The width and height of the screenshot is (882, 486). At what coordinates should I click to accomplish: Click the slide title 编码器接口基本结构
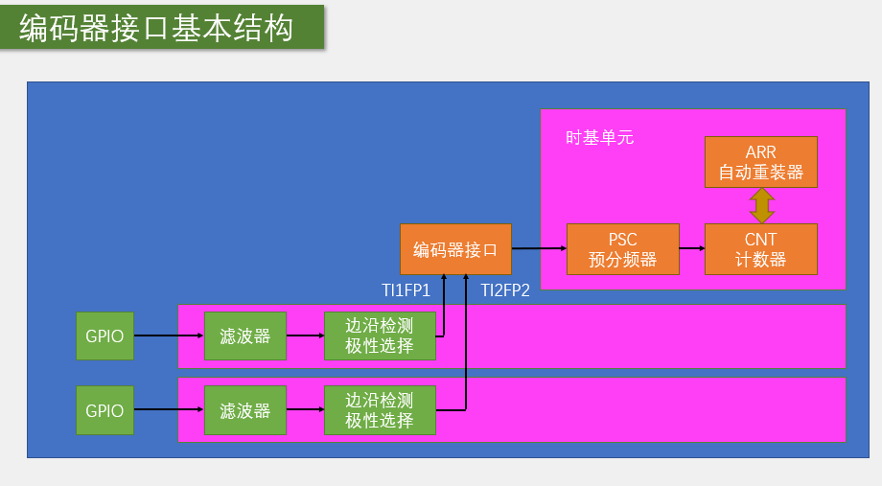pyautogui.click(x=156, y=29)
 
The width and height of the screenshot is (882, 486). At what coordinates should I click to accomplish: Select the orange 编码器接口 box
pyautogui.click(x=455, y=249)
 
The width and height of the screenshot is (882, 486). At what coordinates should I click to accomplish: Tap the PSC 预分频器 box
pyautogui.click(x=623, y=249)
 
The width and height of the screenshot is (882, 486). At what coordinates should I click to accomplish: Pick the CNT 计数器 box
pyautogui.click(x=761, y=249)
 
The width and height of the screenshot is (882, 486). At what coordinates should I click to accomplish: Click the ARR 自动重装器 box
pyautogui.click(x=761, y=162)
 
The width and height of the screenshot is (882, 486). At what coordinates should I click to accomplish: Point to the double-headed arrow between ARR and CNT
pyautogui.click(x=762, y=205)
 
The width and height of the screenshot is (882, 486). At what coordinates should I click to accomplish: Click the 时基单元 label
pyautogui.click(x=599, y=138)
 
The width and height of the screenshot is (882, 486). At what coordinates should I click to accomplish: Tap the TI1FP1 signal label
pyautogui.click(x=406, y=290)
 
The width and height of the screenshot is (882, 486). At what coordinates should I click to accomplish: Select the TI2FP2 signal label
pyautogui.click(x=505, y=290)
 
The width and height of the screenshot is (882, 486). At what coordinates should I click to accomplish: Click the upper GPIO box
pyautogui.click(x=104, y=336)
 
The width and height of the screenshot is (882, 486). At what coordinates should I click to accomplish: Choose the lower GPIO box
pyautogui.click(x=104, y=410)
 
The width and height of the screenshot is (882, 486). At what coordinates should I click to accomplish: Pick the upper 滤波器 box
pyautogui.click(x=244, y=336)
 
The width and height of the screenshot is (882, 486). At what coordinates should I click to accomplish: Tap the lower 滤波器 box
pyautogui.click(x=244, y=410)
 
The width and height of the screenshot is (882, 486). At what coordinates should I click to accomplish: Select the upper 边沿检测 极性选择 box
pyautogui.click(x=380, y=336)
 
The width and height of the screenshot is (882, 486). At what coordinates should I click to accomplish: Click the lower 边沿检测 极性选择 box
pyautogui.click(x=380, y=410)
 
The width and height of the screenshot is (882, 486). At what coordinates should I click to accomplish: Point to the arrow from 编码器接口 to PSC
pyautogui.click(x=539, y=249)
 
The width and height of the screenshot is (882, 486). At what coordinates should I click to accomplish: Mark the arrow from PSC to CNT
pyautogui.click(x=692, y=249)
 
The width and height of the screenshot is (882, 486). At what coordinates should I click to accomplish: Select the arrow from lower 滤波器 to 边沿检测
pyautogui.click(x=304, y=410)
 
